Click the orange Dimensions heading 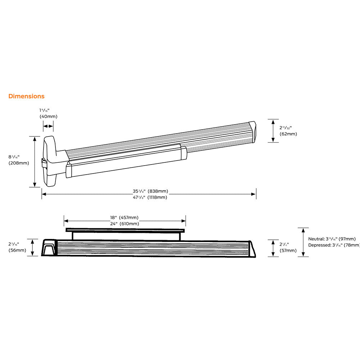pos(26,96)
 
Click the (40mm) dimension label pos(48,116)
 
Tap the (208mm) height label pos(19,163)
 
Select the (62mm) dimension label pos(288,134)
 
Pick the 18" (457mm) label pos(124,218)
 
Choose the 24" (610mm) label pos(124,224)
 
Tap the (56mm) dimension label pos(17,250)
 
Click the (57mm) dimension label pos(288,251)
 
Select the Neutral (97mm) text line pos(332,239)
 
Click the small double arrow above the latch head pos(48,126)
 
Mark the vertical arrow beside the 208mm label pos(35,162)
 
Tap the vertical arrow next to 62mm pos(273,131)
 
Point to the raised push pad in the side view pos(125,230)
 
